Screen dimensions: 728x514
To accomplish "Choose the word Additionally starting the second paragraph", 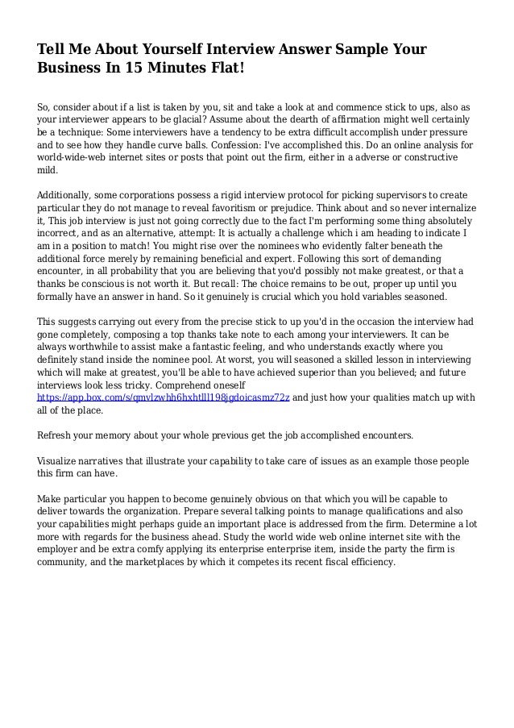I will click(68, 196).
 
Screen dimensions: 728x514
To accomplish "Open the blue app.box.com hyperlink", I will click(162, 397).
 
